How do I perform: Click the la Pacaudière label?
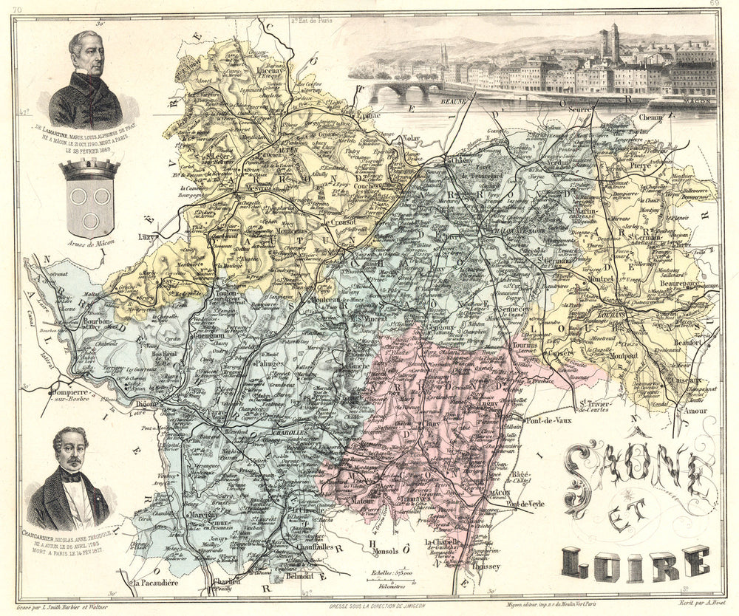coord(157,584)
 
